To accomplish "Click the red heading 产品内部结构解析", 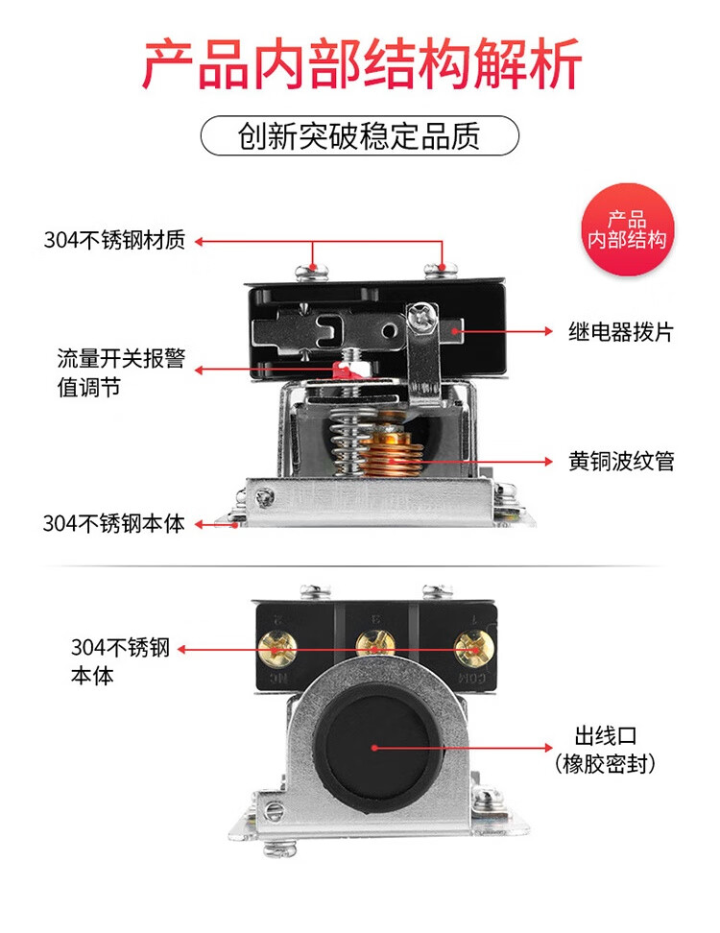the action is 361,63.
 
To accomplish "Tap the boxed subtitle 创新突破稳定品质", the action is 359,136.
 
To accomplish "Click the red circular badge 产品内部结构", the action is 627,229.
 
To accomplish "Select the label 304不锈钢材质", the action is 115,240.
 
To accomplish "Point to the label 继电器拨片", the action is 620,331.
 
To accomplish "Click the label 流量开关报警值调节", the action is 121,372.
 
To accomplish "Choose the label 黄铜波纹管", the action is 621,461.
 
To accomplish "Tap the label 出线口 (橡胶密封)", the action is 606,750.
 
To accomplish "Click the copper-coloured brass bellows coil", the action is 391,453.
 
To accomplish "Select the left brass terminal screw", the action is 276,649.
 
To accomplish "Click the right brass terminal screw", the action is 474,648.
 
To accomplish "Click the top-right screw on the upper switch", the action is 441,272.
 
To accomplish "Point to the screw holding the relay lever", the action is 421,316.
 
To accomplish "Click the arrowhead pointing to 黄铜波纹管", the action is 548,461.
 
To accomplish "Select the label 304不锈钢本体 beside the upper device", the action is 113,524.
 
